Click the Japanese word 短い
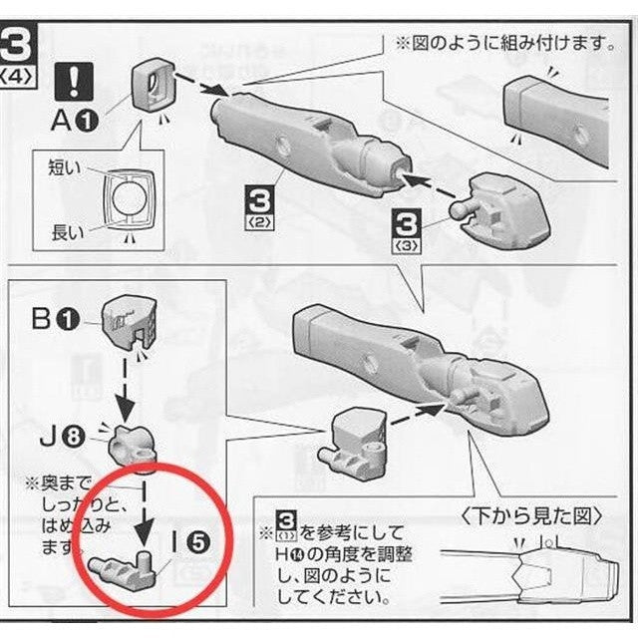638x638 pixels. click(x=65, y=167)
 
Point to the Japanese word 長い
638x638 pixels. click(x=67, y=233)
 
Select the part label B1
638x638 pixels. click(x=55, y=320)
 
